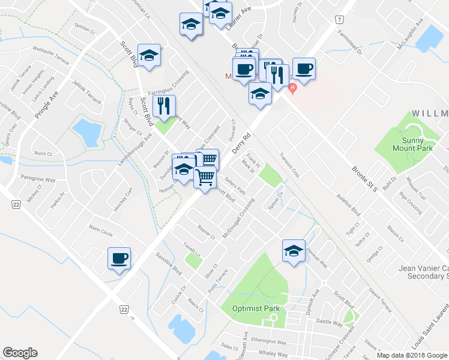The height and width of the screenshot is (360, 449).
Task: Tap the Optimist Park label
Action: pos(256,309)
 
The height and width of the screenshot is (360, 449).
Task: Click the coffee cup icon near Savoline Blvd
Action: pos(119,259)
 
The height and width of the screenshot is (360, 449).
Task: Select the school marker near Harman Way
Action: pos(294,250)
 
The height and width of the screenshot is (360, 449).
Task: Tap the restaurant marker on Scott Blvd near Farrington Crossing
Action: pos(164,106)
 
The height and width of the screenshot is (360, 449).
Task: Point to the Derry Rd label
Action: pos(240,143)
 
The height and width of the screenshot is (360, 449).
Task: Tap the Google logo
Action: pos(20,353)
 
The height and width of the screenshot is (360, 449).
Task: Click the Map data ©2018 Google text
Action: pos(412,355)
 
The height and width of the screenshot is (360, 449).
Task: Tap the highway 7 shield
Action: pos(340,20)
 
